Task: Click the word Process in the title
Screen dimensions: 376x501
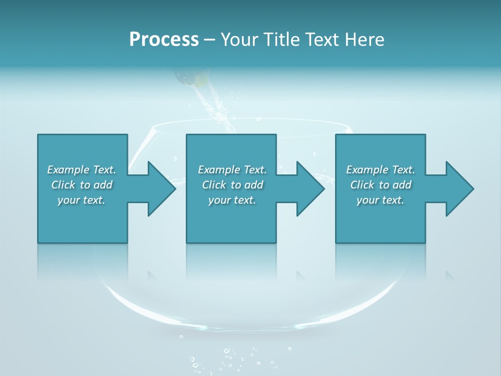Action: (164, 39)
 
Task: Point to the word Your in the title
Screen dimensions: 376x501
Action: (240, 40)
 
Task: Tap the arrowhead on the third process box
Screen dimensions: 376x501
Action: (459, 189)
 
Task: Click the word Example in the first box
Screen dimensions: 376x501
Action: (68, 170)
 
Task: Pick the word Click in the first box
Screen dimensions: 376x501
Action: (63, 185)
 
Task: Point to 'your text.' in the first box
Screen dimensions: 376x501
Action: (81, 200)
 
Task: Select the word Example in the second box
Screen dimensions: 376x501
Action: (219, 170)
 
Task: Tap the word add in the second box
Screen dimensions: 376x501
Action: (254, 185)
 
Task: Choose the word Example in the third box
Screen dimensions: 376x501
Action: (367, 170)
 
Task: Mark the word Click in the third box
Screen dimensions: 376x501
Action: (362, 185)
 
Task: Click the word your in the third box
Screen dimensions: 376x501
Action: (367, 200)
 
